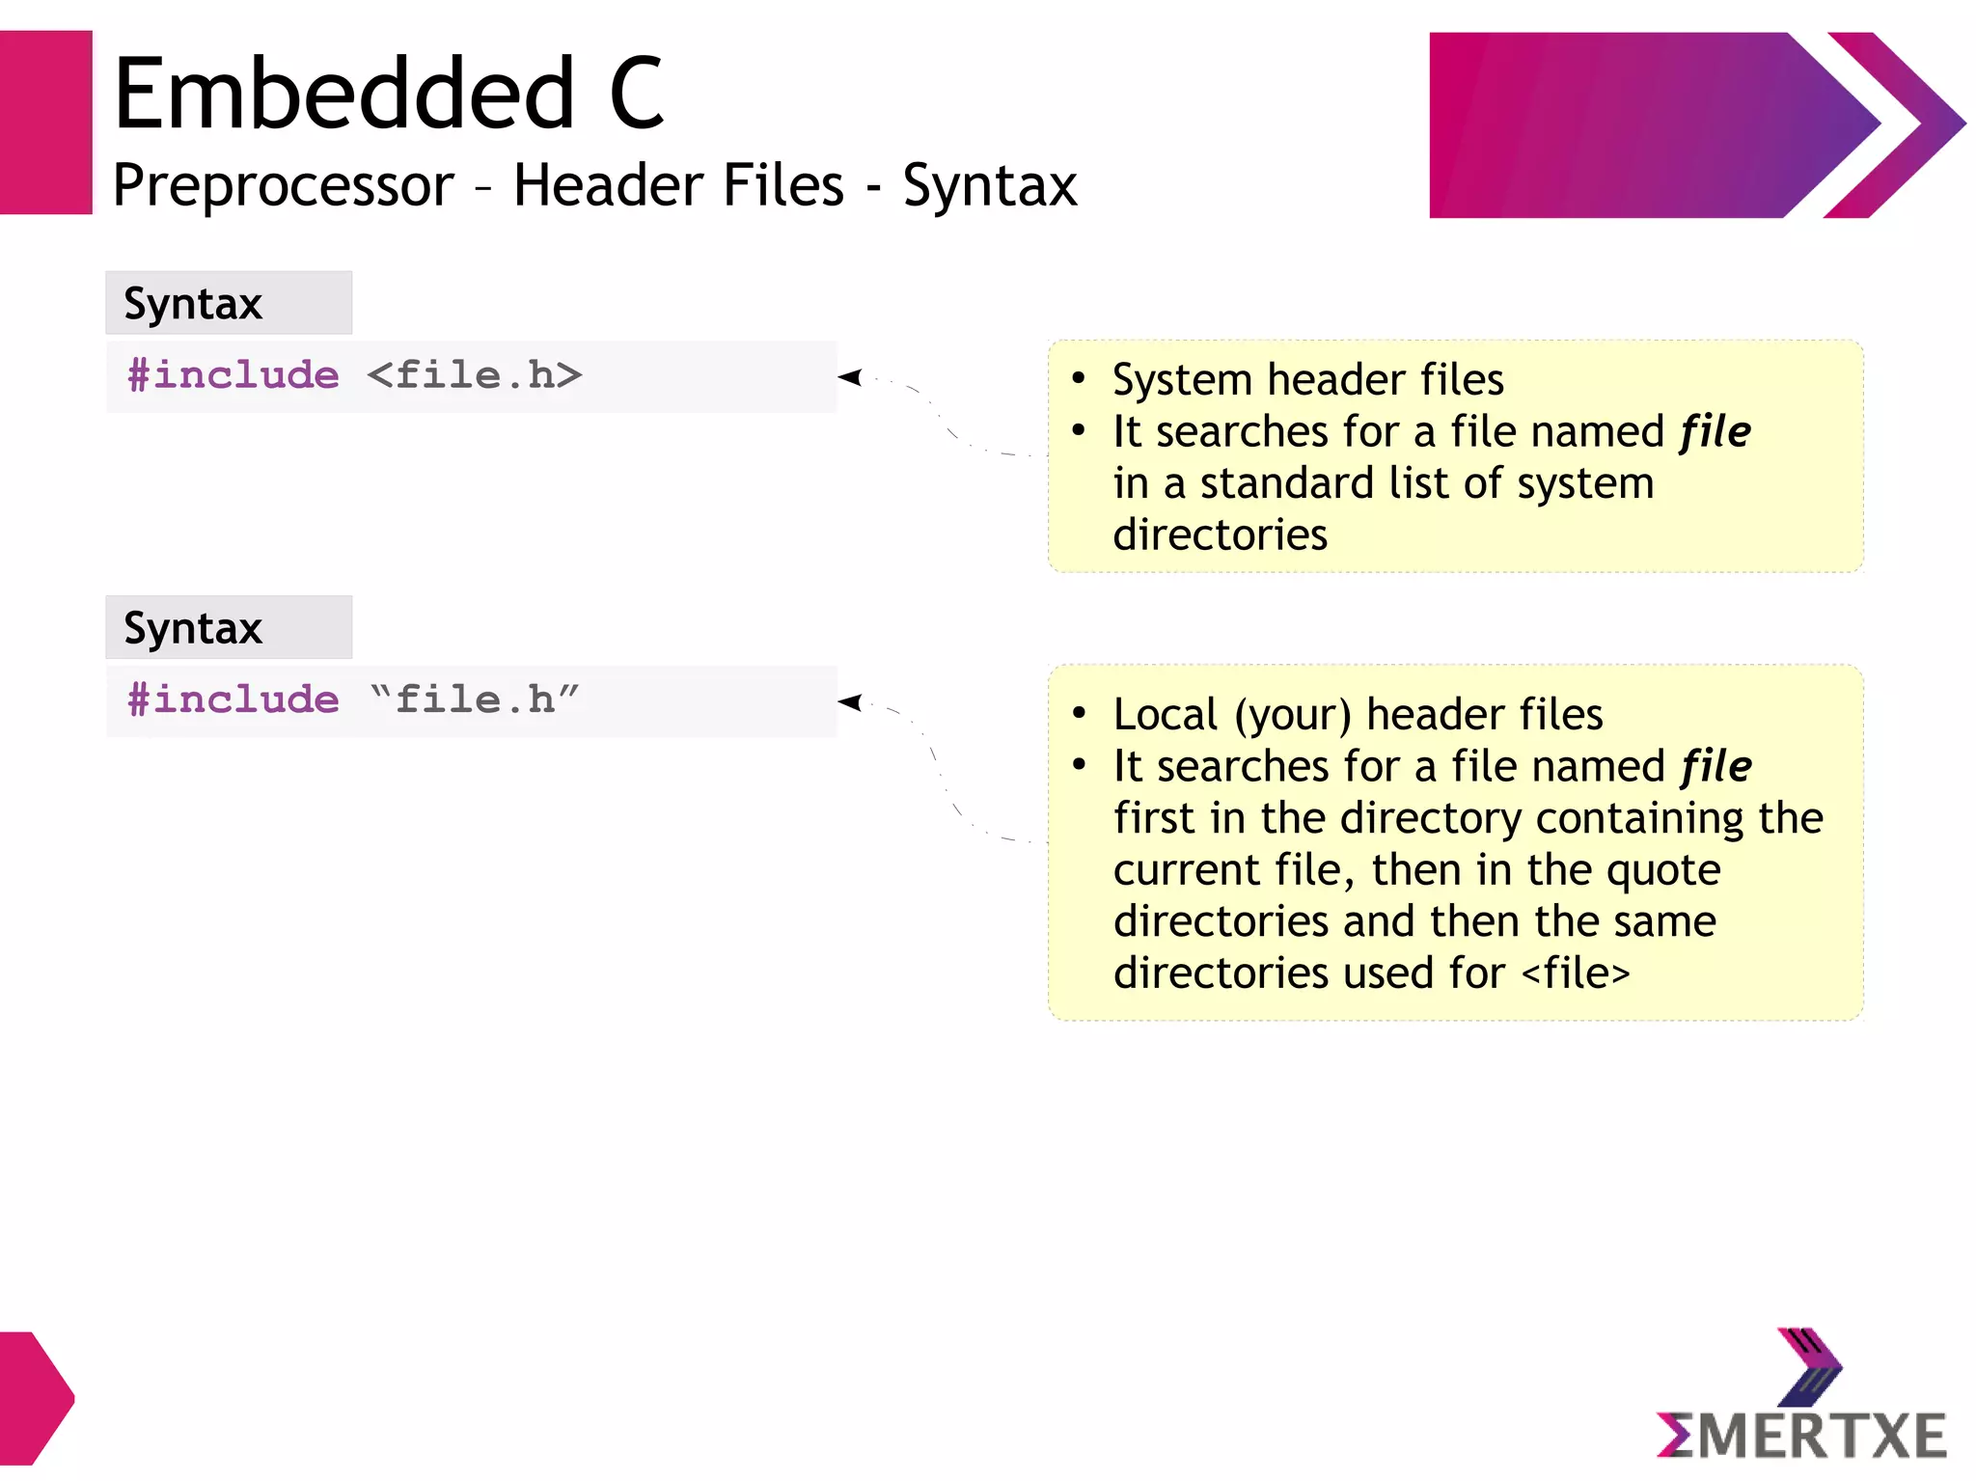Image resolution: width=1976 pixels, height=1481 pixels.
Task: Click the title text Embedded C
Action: coord(388,94)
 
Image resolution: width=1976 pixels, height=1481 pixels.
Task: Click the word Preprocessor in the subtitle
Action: coord(283,185)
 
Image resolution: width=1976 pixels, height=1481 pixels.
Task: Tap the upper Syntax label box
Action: coord(229,303)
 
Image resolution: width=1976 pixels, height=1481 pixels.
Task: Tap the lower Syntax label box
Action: coord(229,628)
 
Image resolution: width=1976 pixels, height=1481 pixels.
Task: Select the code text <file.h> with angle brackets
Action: coord(474,375)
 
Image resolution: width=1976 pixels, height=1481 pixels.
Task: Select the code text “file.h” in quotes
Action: coord(474,699)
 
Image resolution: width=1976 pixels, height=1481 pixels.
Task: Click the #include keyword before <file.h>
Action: coord(233,375)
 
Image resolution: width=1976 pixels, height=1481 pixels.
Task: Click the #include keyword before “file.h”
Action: coord(233,699)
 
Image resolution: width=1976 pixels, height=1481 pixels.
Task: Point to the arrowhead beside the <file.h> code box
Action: coord(850,377)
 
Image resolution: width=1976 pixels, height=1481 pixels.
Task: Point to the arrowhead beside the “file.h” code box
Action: coord(850,702)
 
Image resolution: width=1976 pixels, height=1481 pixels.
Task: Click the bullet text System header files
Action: coord(1307,380)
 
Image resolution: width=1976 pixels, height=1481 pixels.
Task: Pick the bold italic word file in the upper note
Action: coord(1715,432)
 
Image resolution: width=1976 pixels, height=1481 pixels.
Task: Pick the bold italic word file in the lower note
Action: coord(1715,767)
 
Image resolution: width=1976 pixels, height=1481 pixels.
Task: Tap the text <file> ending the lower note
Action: coord(1576,974)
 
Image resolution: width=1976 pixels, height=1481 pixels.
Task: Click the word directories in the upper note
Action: coord(1220,535)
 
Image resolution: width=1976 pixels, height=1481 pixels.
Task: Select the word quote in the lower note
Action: coord(1663,870)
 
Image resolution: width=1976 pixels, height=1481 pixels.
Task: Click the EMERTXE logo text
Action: coord(1801,1436)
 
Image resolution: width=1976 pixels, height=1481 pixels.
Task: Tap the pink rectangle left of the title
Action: coord(45,123)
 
